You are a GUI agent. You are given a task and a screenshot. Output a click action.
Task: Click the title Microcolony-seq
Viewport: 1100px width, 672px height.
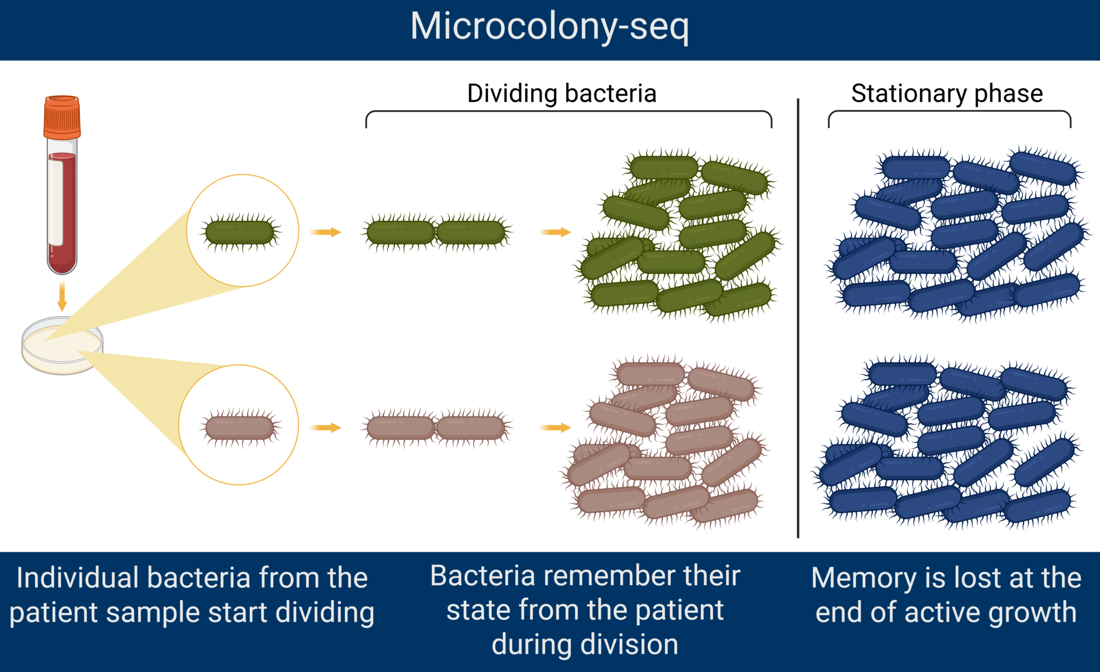tap(549, 27)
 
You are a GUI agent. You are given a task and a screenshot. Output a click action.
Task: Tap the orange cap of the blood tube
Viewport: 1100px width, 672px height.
tap(62, 117)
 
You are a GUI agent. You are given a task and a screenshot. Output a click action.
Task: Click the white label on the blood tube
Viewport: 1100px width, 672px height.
tap(55, 201)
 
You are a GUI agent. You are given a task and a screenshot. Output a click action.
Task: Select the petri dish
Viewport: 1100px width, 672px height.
tap(62, 345)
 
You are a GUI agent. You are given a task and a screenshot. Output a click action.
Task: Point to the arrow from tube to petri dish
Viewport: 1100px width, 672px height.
tap(62, 296)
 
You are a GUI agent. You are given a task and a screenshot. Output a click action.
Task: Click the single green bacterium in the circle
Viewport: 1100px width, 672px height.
tap(240, 232)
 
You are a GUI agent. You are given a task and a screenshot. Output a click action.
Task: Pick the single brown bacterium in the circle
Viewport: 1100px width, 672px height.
tap(240, 428)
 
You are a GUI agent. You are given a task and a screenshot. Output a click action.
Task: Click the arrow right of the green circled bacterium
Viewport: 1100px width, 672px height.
tap(325, 232)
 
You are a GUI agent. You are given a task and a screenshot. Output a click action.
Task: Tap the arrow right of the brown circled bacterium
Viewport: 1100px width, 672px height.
tap(325, 428)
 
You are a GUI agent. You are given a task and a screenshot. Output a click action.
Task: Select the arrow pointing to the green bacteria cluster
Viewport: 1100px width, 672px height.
tap(555, 232)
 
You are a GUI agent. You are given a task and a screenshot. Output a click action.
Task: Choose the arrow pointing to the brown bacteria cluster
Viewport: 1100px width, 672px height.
tap(555, 428)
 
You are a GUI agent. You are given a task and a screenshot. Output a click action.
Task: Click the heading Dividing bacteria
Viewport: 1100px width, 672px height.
tap(562, 93)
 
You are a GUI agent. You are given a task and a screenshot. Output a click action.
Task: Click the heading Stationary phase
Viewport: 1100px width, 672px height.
tap(947, 94)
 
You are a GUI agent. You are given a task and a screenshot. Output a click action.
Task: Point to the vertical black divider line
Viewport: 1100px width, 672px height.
tap(798, 318)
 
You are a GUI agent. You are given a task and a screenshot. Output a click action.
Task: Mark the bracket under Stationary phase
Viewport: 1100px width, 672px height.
tap(950, 111)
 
